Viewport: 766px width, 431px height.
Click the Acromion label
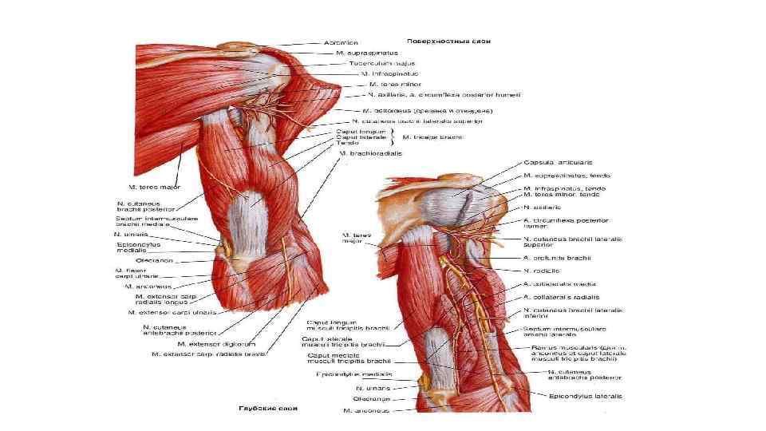point(341,42)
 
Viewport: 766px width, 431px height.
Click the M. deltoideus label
point(417,110)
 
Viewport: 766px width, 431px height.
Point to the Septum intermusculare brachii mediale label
point(141,222)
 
